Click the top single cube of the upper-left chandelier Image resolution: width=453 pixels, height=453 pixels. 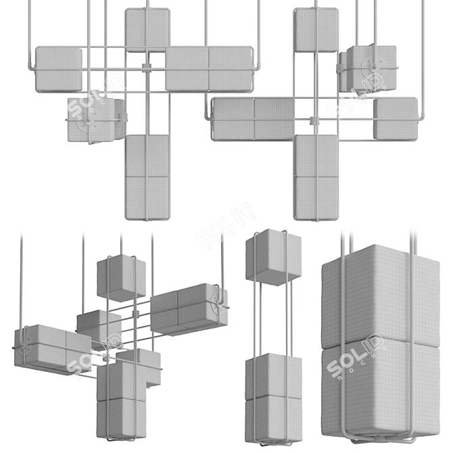(147, 29)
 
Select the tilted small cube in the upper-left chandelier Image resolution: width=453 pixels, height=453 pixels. (95, 119)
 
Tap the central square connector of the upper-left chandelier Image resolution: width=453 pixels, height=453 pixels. (145, 68)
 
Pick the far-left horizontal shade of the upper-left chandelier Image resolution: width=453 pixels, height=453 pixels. (59, 68)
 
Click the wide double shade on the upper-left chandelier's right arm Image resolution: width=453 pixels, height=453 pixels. (209, 68)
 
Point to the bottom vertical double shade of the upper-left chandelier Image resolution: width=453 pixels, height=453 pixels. (147, 176)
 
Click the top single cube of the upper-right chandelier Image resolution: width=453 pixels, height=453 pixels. (316, 29)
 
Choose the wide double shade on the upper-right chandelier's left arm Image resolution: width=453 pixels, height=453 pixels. (254, 119)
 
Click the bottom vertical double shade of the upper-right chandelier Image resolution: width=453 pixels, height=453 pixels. (316, 176)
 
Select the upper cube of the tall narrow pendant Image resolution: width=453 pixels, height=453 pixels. (273, 256)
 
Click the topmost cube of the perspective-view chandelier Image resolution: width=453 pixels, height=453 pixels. (121, 278)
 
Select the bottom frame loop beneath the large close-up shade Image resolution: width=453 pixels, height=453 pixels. (379, 443)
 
